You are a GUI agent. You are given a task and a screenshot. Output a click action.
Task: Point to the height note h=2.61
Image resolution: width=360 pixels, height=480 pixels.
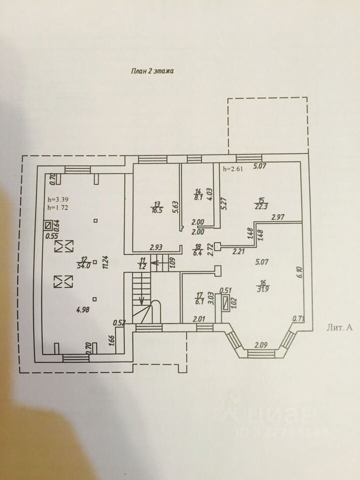(x=232, y=169)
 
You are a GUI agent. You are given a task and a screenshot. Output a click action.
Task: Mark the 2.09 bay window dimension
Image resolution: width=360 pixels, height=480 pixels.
(x=262, y=345)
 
